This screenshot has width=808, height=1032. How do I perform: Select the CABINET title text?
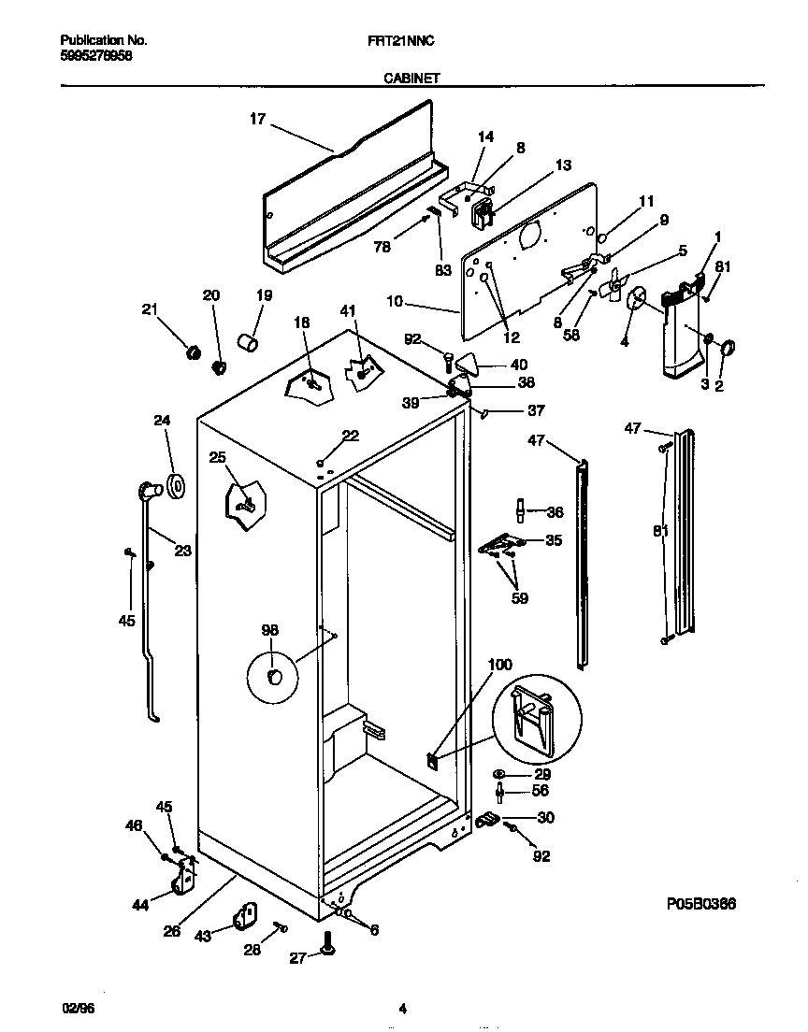[412, 79]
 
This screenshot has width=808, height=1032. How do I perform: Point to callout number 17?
[257, 119]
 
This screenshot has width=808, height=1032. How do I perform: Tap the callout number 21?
[151, 310]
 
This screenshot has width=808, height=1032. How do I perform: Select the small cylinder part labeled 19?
[249, 343]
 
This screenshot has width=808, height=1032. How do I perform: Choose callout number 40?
[518, 365]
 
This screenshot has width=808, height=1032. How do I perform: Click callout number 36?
[555, 511]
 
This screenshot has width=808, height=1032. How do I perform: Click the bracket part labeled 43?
[247, 916]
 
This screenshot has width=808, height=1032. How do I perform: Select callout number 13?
[562, 165]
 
